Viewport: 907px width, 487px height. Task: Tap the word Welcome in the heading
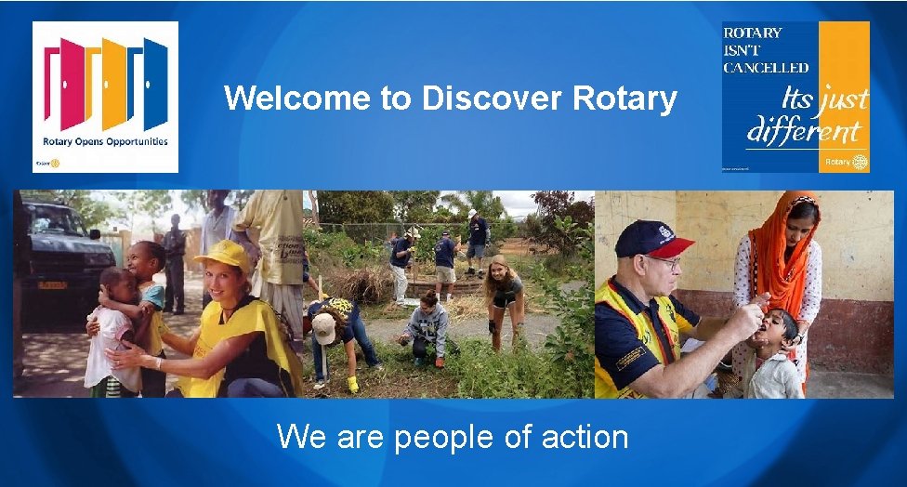(x=298, y=98)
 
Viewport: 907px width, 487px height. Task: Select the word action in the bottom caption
(x=575, y=435)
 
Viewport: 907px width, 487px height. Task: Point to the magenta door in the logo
(x=72, y=84)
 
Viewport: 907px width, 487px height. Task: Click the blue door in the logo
(x=154, y=84)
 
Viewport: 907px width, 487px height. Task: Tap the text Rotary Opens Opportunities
(x=105, y=141)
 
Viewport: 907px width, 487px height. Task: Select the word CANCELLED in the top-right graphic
(x=766, y=67)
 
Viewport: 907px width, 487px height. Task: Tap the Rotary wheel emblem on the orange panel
(x=860, y=162)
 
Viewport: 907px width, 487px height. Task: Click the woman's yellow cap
(x=224, y=254)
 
